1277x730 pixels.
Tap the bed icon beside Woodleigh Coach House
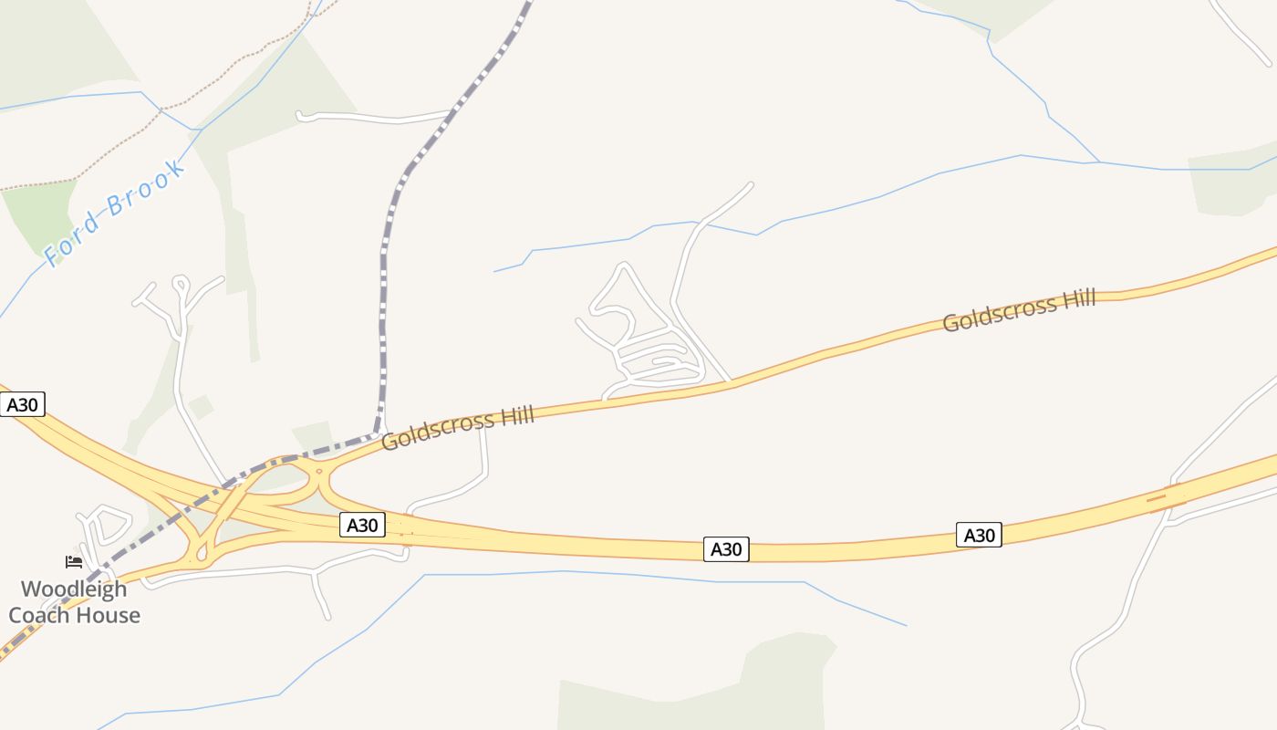[74, 562]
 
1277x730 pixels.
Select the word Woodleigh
[74, 589]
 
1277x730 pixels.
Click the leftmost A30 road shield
[22, 404]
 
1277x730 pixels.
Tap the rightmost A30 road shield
[979, 535]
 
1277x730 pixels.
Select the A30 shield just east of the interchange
[363, 525]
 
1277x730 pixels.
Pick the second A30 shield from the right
[726, 548]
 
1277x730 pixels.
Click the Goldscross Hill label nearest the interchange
[457, 429]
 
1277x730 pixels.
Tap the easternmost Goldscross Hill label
[1018, 312]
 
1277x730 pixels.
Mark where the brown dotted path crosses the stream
[161, 110]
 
